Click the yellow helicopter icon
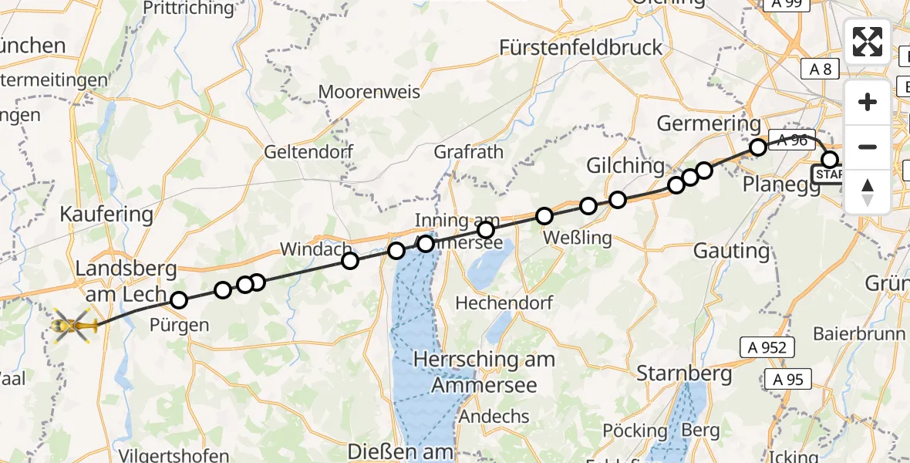pyautogui.click(x=74, y=327)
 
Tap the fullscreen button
pyautogui.click(x=868, y=42)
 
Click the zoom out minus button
pyautogui.click(x=868, y=147)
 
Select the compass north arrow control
pyautogui.click(x=868, y=192)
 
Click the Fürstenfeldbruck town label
pyautogui.click(x=581, y=48)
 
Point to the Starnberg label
pyautogui.click(x=684, y=374)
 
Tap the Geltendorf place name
pyautogui.click(x=308, y=151)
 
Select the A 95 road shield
pyautogui.click(x=788, y=379)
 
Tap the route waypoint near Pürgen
pyautogui.click(x=179, y=300)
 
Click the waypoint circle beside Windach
pyautogui.click(x=350, y=261)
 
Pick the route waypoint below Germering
pyautogui.click(x=758, y=147)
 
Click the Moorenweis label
pyautogui.click(x=369, y=92)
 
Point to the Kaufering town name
pyautogui.click(x=106, y=215)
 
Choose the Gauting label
pyautogui.click(x=731, y=251)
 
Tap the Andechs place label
pyautogui.click(x=494, y=417)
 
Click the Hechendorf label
pyautogui.click(x=504, y=303)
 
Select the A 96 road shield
pyautogui.click(x=792, y=140)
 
